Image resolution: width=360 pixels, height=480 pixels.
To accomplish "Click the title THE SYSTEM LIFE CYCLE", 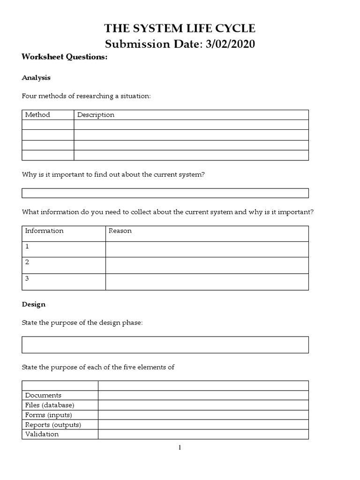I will point(180,29).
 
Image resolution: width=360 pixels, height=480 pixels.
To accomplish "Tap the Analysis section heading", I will point(36,78).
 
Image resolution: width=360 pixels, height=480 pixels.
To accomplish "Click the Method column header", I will point(37,115).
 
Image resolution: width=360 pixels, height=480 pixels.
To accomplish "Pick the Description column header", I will point(96,115).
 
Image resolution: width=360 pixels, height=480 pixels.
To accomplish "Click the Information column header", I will point(44,231).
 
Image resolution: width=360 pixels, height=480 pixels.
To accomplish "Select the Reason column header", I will point(120,231).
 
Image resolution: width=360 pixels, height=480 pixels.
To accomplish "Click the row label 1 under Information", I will point(27,246).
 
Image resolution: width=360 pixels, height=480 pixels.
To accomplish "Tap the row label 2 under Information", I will point(27,262).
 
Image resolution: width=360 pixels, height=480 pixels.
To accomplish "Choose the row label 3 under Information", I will point(27,278).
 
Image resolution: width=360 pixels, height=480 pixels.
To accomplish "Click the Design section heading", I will point(34,304).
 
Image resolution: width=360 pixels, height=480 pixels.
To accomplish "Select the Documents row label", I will point(43,395).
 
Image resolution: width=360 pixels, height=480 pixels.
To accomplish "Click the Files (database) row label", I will point(50,405).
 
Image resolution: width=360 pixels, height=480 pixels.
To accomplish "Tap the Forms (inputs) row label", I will point(48,415).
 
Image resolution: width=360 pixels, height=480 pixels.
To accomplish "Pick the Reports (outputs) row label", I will point(53,425).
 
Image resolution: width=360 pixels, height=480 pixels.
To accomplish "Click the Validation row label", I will point(42,434).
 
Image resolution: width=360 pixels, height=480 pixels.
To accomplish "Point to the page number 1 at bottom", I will point(180,448).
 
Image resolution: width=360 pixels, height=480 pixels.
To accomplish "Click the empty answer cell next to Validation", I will point(203,434).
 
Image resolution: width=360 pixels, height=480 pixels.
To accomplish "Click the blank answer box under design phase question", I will point(165,345).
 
